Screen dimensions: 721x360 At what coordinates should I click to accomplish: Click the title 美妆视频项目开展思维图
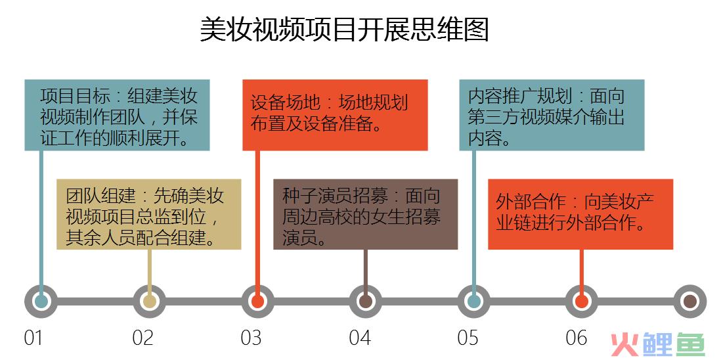point(344,30)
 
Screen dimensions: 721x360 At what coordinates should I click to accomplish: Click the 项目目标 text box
point(118,115)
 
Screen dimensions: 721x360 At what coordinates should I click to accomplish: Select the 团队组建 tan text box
point(149,214)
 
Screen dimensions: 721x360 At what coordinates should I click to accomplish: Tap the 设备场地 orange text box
point(335,115)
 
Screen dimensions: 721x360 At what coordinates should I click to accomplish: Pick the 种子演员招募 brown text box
point(366,214)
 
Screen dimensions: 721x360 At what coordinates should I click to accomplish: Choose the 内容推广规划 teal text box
point(552,115)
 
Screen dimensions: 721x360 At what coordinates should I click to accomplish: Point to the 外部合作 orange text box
point(580,214)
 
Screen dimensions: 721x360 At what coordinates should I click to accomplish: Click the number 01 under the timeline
point(33,338)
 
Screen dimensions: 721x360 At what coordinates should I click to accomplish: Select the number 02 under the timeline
point(142,338)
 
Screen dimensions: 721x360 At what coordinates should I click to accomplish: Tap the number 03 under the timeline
point(251,338)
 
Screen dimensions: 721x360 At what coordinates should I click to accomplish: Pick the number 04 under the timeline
point(360,338)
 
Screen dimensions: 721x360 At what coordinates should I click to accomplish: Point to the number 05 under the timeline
point(468,338)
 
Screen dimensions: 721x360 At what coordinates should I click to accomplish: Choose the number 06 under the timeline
point(577,338)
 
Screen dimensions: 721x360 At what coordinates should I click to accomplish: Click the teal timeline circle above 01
point(41,302)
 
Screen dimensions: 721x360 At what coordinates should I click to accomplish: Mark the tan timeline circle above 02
point(150,302)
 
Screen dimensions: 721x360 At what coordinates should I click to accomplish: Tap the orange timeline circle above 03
point(258,302)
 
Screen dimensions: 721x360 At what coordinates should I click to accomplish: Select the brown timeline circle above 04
point(366,302)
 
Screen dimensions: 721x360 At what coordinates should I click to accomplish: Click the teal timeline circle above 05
point(473,302)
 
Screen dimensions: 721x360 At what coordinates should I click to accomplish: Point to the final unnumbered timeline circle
point(690,302)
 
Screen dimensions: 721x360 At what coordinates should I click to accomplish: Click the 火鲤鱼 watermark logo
point(658,345)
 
